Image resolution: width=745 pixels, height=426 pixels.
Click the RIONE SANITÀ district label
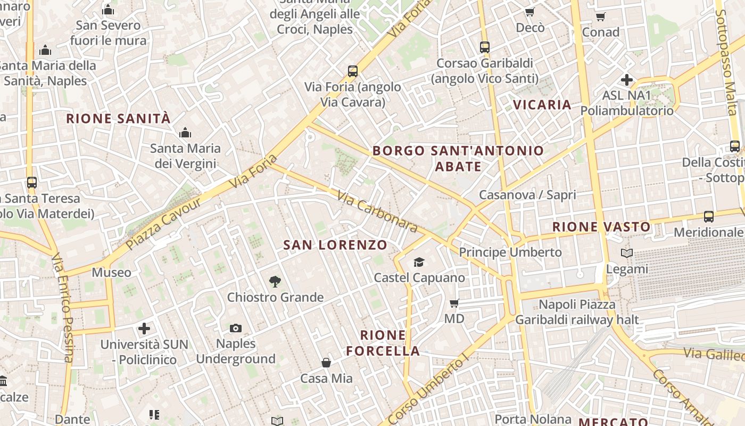118,118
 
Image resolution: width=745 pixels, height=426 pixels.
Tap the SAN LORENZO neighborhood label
335,245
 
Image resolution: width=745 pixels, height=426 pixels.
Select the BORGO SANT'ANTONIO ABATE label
458,158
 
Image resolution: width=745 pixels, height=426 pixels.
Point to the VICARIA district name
542,104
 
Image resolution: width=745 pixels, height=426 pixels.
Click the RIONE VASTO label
601,227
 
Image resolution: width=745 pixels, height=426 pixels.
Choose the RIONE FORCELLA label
383,343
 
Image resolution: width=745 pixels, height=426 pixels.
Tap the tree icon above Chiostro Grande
275,281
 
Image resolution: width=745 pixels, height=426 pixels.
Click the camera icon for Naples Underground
235,328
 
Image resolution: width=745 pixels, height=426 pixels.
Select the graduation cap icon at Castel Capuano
419,262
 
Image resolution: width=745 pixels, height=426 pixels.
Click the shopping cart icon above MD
454,303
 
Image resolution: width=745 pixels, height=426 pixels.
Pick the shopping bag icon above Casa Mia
326,363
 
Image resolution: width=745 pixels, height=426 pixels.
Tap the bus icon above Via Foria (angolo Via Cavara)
352,71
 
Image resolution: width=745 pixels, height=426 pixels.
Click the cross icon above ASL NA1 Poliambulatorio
627,80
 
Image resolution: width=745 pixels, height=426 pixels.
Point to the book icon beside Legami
627,253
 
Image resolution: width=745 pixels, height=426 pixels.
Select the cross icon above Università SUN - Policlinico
144,329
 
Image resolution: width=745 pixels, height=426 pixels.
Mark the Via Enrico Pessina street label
63,309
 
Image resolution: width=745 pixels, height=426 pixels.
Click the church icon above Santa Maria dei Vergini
185,133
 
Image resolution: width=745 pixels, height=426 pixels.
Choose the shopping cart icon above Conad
601,17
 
